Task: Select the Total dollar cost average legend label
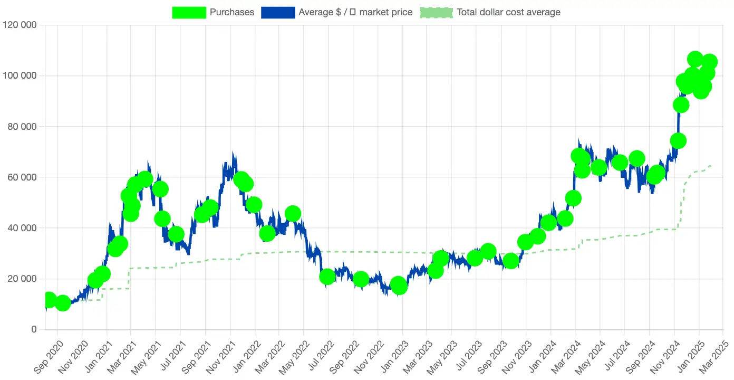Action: [508, 12]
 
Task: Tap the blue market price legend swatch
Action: [277, 12]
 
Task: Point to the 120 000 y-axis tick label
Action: [20, 25]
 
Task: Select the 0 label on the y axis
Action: [34, 330]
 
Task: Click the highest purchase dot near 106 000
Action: [695, 59]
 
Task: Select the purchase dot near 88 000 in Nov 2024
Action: [681, 105]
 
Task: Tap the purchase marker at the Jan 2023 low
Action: [399, 286]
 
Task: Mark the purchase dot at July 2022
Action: [327, 277]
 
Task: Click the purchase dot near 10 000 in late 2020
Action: [63, 303]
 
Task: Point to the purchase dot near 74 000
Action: [678, 141]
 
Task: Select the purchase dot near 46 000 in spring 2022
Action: [293, 214]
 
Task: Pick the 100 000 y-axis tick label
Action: [20, 75]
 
